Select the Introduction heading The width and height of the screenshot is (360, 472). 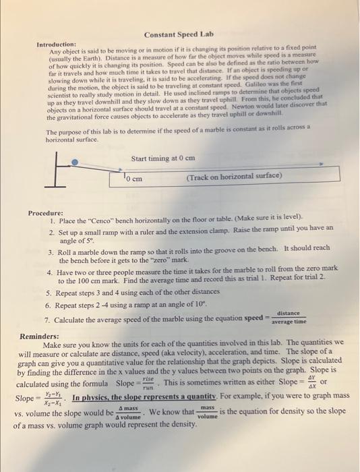pos(56,44)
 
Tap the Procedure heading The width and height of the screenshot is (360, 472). pos(46,213)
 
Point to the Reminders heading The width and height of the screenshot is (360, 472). pos(40,335)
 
